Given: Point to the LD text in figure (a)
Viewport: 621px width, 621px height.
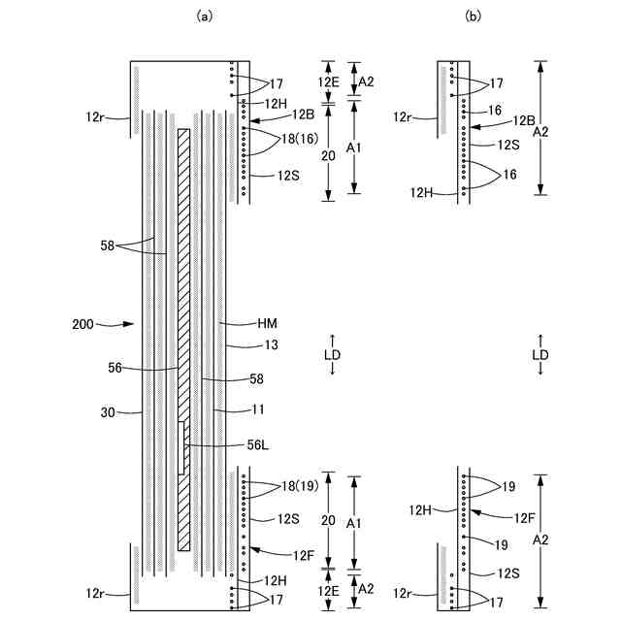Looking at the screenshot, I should [332, 354].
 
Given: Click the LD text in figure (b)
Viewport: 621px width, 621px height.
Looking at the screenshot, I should [540, 354].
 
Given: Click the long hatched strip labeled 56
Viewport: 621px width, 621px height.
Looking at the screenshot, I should [183, 291].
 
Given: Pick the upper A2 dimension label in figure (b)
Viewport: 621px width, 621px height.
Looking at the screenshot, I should [554, 130].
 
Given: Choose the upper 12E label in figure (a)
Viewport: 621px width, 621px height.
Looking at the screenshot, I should [330, 81].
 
